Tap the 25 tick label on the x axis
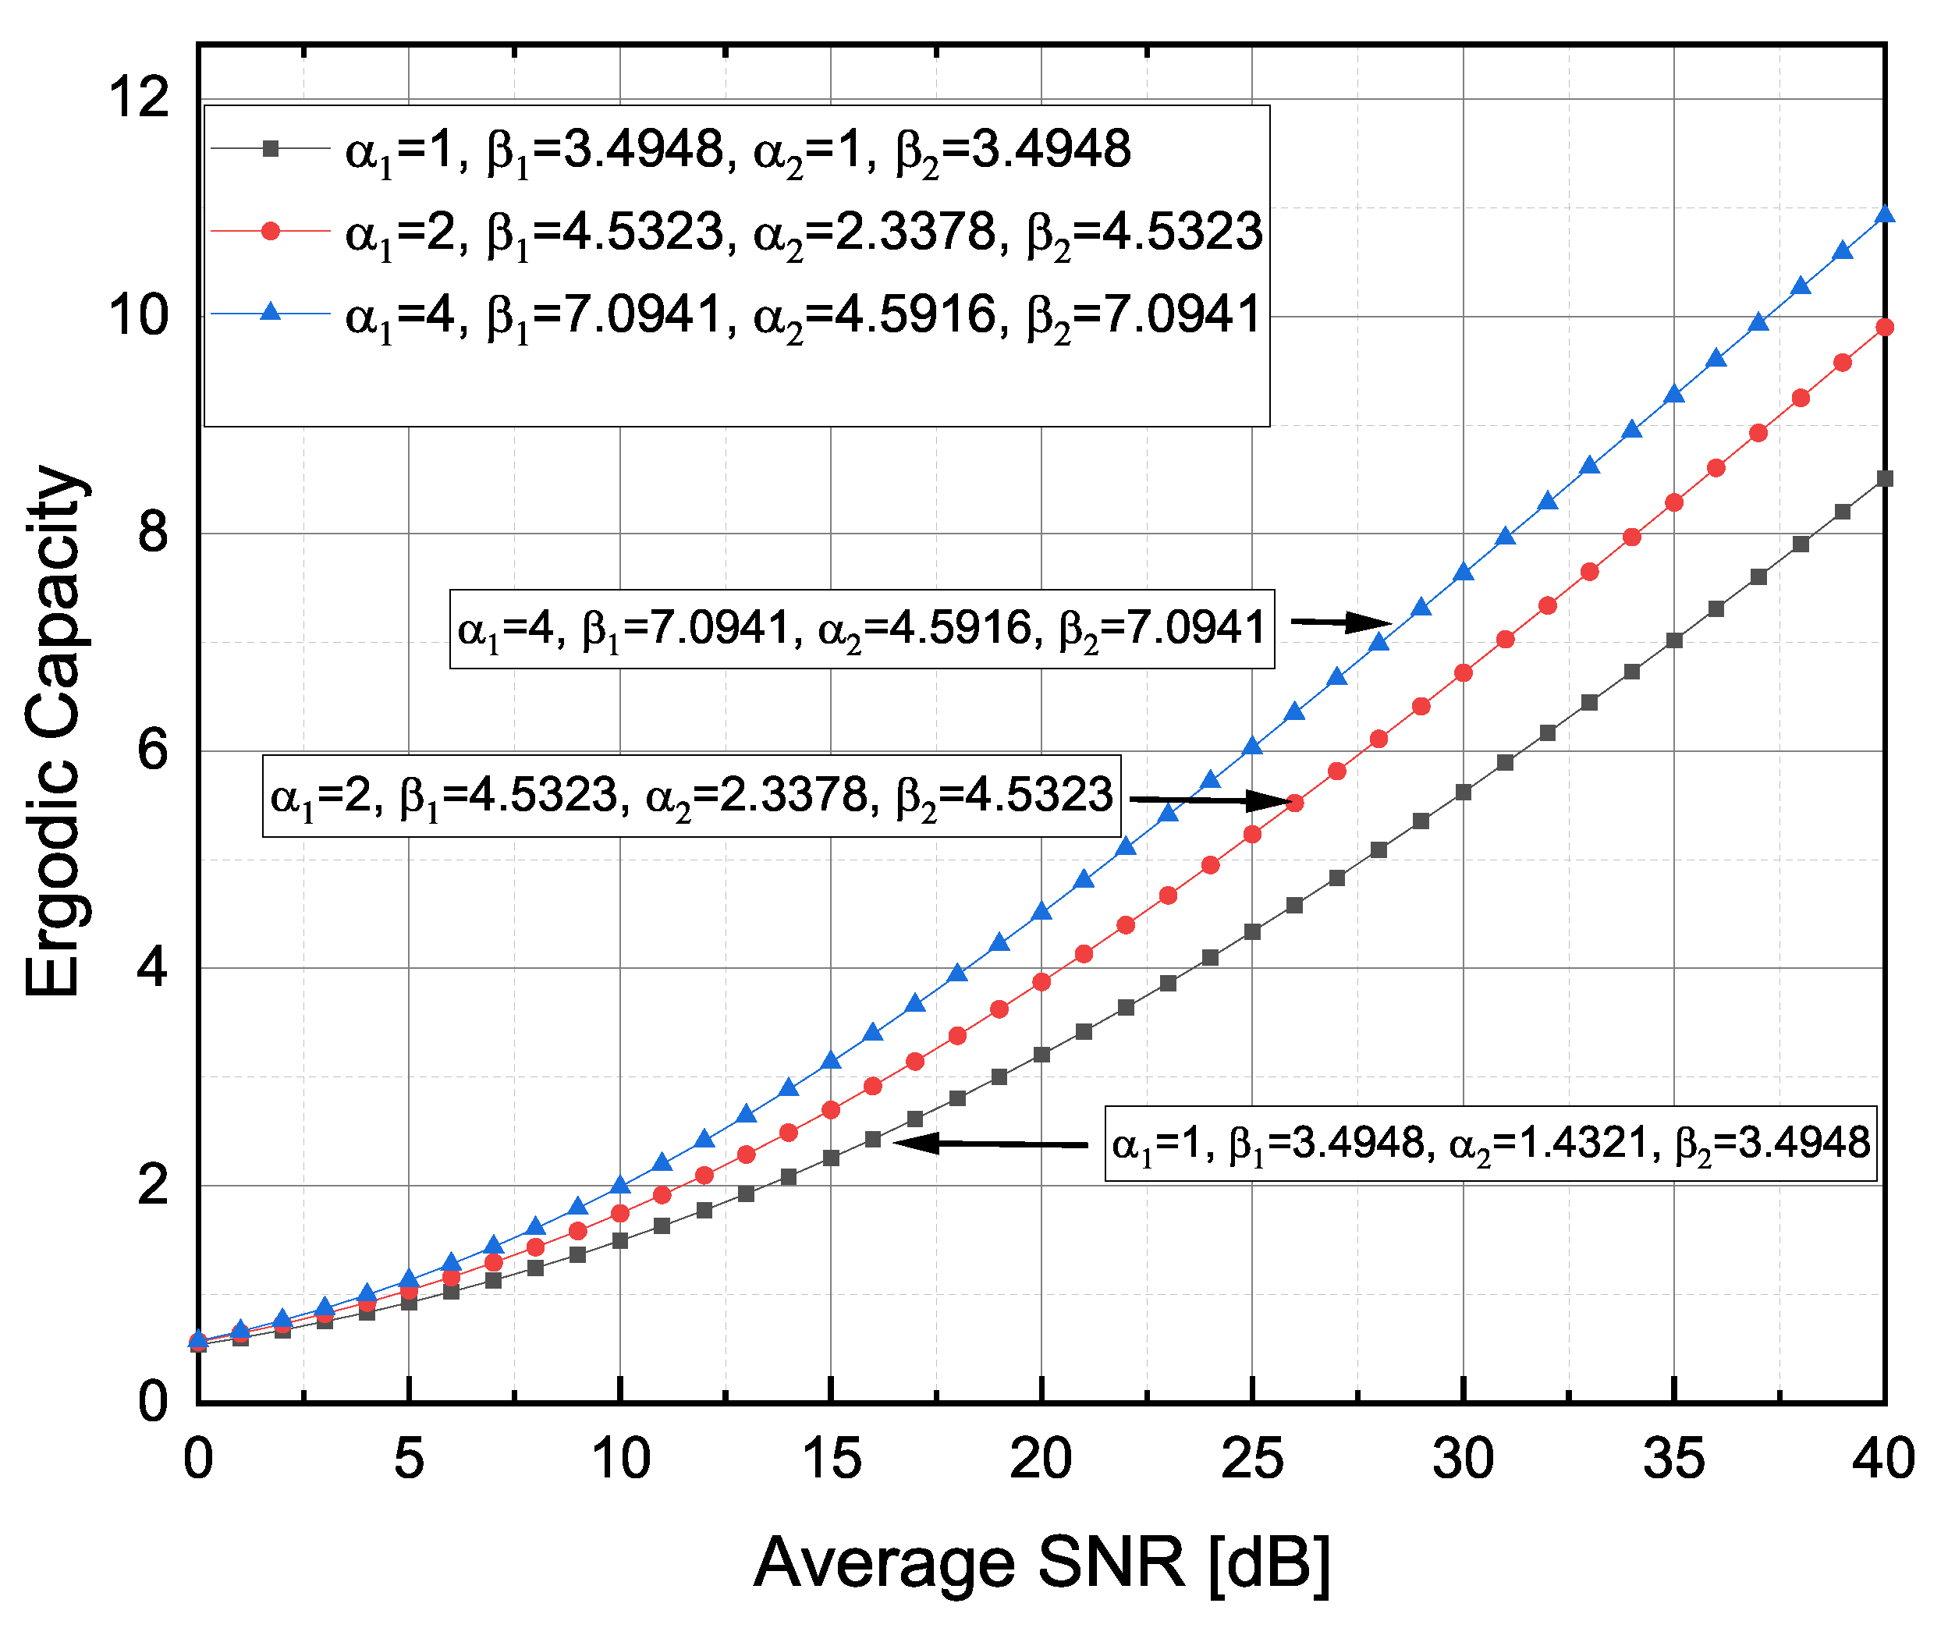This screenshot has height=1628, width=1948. coord(1252,1458)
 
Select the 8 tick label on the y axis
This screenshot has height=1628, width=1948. coord(153,533)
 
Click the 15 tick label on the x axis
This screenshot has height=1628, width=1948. coord(830,1458)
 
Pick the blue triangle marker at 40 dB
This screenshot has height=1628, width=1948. coord(1884,215)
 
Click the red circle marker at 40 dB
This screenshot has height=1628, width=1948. coord(1884,328)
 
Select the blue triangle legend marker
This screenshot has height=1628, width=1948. coord(270,313)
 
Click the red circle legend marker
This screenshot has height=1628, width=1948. coord(270,230)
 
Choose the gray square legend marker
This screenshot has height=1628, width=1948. coord(270,147)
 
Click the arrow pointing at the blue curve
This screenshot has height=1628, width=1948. coord(1340,622)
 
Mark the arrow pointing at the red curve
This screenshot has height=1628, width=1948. coord(1206,800)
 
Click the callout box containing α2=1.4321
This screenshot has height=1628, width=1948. coord(1490,1144)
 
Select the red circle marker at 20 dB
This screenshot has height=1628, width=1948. coord(1041,981)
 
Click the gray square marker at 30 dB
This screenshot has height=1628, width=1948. coord(1463,793)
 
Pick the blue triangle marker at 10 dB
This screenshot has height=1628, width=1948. coord(619,1186)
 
